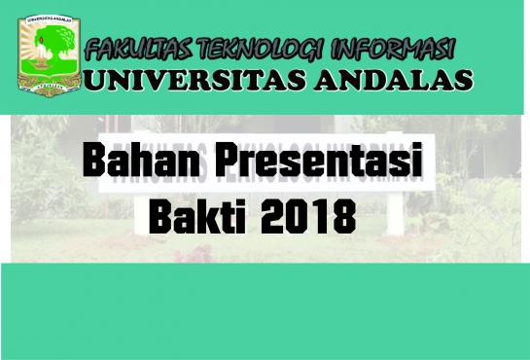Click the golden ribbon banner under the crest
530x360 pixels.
click(44, 87)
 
